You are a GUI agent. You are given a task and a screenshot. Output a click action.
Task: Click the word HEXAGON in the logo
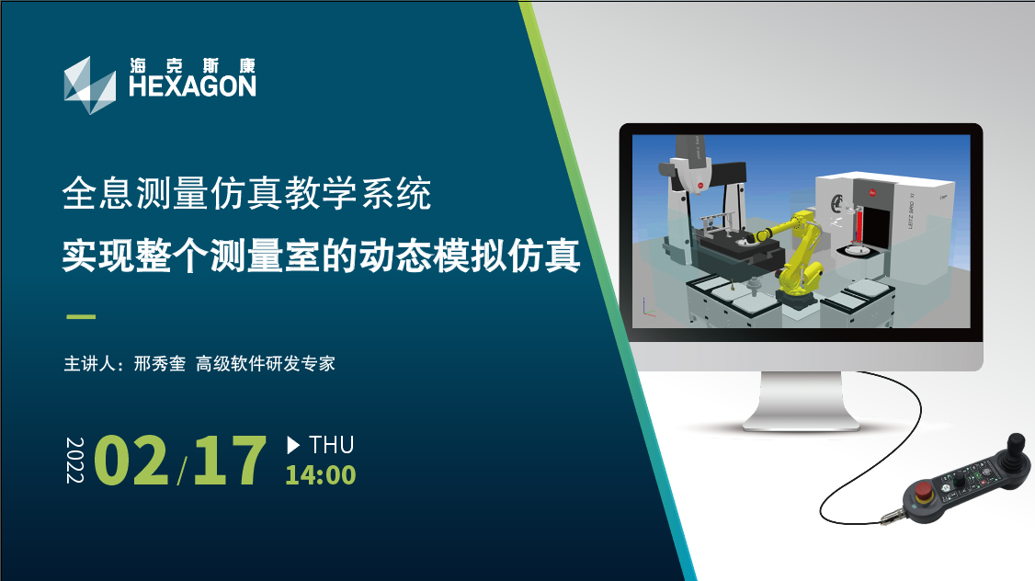tap(192, 86)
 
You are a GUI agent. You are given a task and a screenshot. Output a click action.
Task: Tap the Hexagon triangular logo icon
tap(89, 85)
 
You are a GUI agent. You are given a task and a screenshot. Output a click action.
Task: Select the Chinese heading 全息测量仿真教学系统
tap(246, 193)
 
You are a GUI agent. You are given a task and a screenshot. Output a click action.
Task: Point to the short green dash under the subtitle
tap(81, 317)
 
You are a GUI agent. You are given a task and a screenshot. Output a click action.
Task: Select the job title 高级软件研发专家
tap(266, 363)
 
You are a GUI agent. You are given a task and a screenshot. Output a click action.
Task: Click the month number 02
tap(131, 461)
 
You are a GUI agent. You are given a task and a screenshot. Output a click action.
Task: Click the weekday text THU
tap(332, 445)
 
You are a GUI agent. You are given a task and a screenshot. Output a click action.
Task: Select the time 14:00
tap(320, 475)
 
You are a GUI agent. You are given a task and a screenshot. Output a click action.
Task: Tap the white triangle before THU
tap(293, 445)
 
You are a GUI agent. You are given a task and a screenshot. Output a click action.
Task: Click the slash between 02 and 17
tap(181, 471)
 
